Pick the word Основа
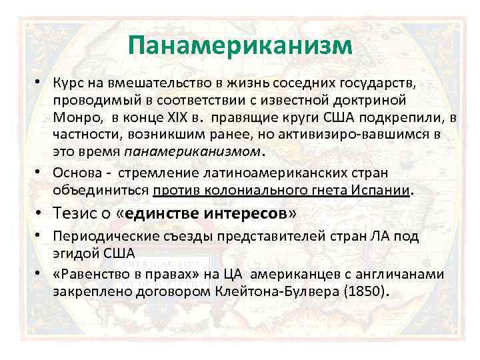pyautogui.click(x=74, y=173)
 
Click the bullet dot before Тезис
pyautogui.click(x=41, y=214)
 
